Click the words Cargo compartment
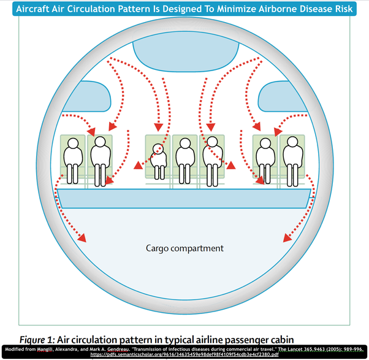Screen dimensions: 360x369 pos(184,248)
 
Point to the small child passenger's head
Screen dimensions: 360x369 pos(158,149)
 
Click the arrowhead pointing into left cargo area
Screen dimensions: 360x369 pos(85,239)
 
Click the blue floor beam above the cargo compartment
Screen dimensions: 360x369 pos(184,198)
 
